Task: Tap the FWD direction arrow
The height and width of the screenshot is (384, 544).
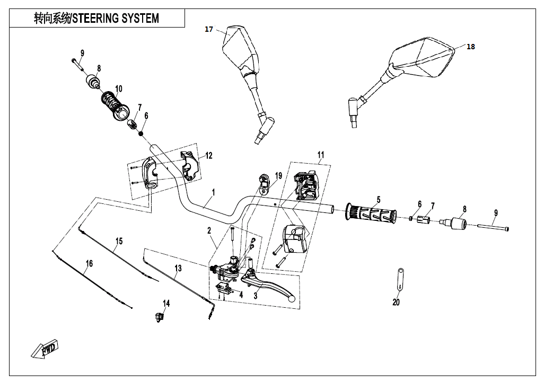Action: (45, 350)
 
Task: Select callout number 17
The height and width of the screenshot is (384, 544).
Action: (209, 30)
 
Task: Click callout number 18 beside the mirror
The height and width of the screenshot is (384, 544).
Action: (471, 47)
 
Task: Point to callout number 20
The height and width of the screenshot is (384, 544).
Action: (396, 302)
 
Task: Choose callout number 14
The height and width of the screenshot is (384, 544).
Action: (166, 303)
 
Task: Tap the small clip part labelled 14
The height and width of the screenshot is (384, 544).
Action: (159, 317)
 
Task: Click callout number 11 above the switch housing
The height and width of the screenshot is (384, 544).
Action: (321, 155)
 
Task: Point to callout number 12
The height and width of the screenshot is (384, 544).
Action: (209, 156)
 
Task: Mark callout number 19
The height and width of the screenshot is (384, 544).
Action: (278, 176)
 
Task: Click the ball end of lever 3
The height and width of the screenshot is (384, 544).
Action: (291, 299)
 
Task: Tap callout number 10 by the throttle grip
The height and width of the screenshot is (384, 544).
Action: (118, 88)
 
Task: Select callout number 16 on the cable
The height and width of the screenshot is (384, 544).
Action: (89, 263)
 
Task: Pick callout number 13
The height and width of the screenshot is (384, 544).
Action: (178, 269)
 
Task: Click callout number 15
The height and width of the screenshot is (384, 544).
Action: (119, 242)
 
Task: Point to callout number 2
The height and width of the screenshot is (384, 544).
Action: (209, 230)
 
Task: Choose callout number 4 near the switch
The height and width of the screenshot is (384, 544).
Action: (241, 294)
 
